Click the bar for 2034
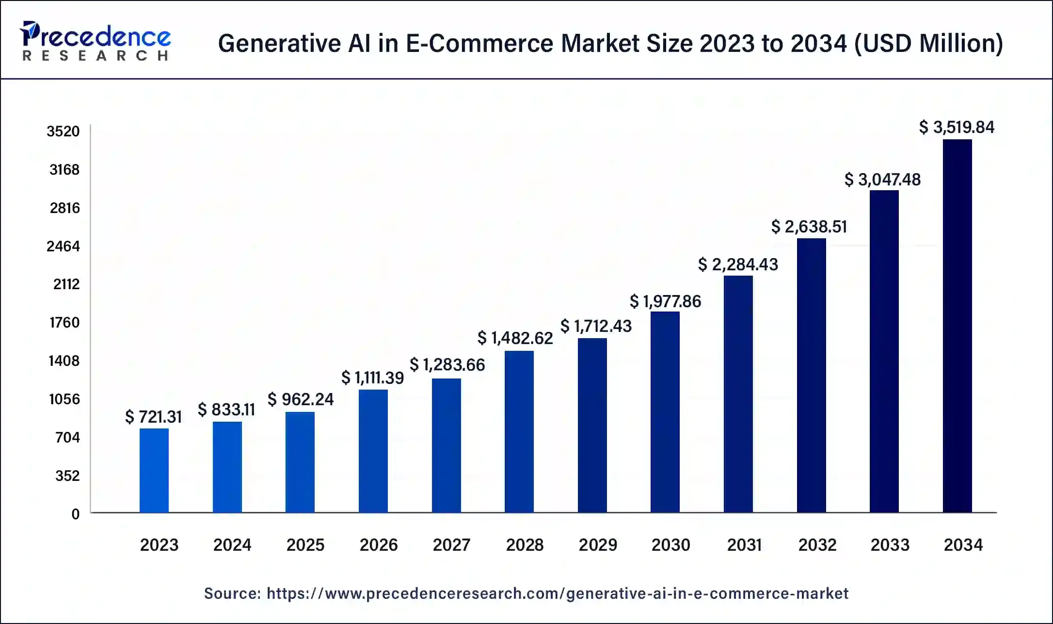click(x=957, y=326)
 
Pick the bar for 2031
click(x=738, y=394)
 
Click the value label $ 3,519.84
click(x=957, y=127)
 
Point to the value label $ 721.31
click(x=153, y=417)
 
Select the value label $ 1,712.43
click(x=596, y=326)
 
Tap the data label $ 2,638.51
click(x=809, y=227)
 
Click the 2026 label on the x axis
click(x=378, y=545)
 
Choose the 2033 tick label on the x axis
click(x=890, y=545)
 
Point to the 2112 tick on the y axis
click(x=66, y=284)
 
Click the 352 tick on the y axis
click(x=67, y=476)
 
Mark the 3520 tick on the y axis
click(x=63, y=131)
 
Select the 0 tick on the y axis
click(x=75, y=514)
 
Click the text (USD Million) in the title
click(x=928, y=43)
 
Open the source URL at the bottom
click(x=557, y=593)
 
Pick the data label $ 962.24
click(x=301, y=399)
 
